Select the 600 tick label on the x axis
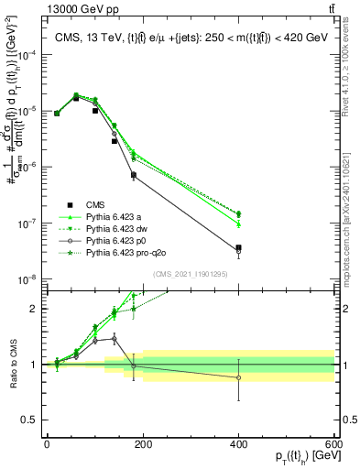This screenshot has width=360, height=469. (334, 446)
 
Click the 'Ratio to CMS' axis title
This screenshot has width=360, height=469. (13, 364)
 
